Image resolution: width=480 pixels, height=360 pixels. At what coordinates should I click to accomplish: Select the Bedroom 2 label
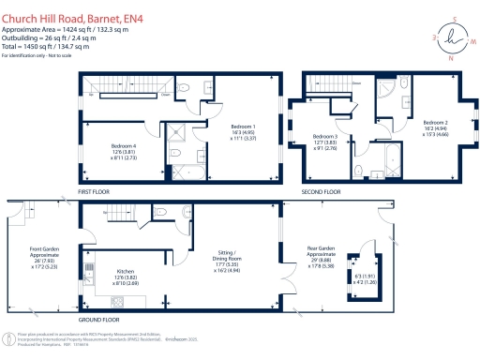[x=435, y=123]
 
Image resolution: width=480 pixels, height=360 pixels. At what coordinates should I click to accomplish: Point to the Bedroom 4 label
[x=124, y=146]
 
